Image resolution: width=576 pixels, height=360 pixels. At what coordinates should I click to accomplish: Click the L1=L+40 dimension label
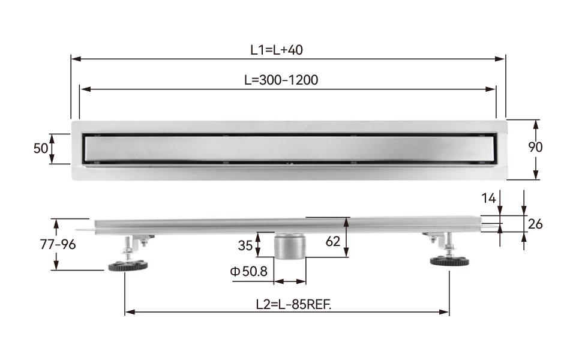pyautogui.click(x=276, y=50)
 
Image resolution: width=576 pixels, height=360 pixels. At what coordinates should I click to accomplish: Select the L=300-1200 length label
pyautogui.click(x=281, y=80)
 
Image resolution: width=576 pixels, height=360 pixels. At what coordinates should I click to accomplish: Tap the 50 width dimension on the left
pyautogui.click(x=40, y=148)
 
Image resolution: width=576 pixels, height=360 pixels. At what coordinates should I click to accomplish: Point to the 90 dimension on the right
pyautogui.click(x=535, y=147)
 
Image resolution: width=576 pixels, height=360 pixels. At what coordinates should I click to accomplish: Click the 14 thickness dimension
pyautogui.click(x=488, y=199)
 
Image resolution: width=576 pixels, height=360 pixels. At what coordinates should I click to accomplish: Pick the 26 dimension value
pyautogui.click(x=535, y=224)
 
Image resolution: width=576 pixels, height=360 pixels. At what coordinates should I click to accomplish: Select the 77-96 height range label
pyautogui.click(x=58, y=244)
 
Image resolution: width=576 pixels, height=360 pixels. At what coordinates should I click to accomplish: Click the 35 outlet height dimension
pyautogui.click(x=245, y=245)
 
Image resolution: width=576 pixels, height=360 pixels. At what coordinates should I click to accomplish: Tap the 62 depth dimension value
pyautogui.click(x=333, y=241)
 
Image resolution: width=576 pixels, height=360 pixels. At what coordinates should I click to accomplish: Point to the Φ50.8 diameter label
pyautogui.click(x=248, y=271)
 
